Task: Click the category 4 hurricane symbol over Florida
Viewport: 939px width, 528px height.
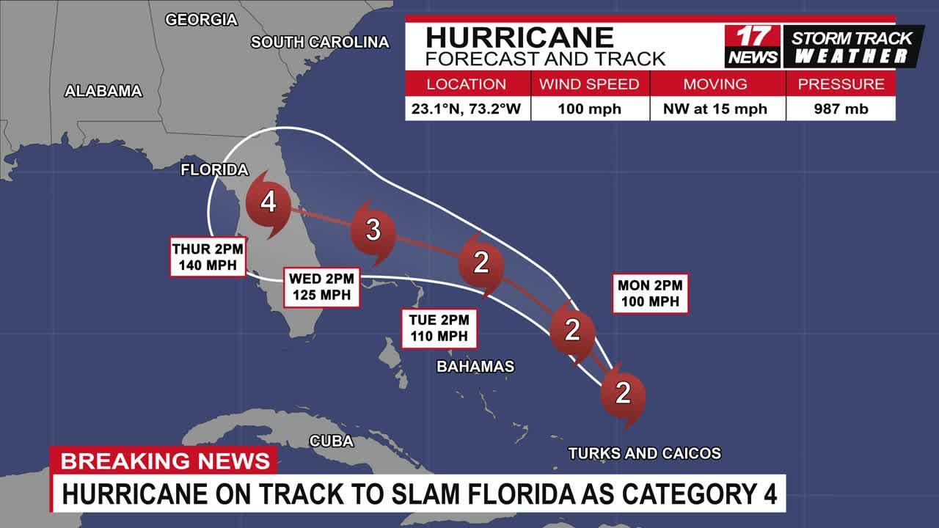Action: coord(268,202)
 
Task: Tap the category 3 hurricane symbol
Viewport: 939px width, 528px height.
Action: coord(373,230)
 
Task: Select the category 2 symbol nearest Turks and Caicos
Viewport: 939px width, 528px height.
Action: coord(623,394)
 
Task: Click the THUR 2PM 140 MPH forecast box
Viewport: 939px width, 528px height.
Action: coord(208,257)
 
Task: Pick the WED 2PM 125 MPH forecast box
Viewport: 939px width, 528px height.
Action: coord(321,287)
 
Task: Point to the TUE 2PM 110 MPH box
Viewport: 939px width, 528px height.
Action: coord(439,328)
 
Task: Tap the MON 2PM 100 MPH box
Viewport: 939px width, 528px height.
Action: coord(650,293)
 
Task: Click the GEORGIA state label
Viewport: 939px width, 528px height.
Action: coord(201,20)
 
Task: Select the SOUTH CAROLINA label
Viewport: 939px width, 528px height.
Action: coord(320,43)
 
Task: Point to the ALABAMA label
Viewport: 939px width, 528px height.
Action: coord(103,92)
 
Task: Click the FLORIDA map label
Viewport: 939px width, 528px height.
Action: coord(215,170)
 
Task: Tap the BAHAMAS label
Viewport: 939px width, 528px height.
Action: coord(475,367)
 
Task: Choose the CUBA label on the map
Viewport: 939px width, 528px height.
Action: coord(332,441)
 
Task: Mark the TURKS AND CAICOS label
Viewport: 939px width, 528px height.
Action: coord(645,454)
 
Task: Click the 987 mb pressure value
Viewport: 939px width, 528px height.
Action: coord(841,109)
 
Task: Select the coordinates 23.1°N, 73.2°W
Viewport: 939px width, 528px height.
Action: coord(466,109)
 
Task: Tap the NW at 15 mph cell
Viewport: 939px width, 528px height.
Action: coord(715,109)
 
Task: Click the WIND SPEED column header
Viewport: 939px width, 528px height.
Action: coord(589,84)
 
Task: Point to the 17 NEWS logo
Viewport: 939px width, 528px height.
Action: coord(753,45)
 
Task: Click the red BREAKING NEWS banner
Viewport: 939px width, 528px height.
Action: coord(165,461)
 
